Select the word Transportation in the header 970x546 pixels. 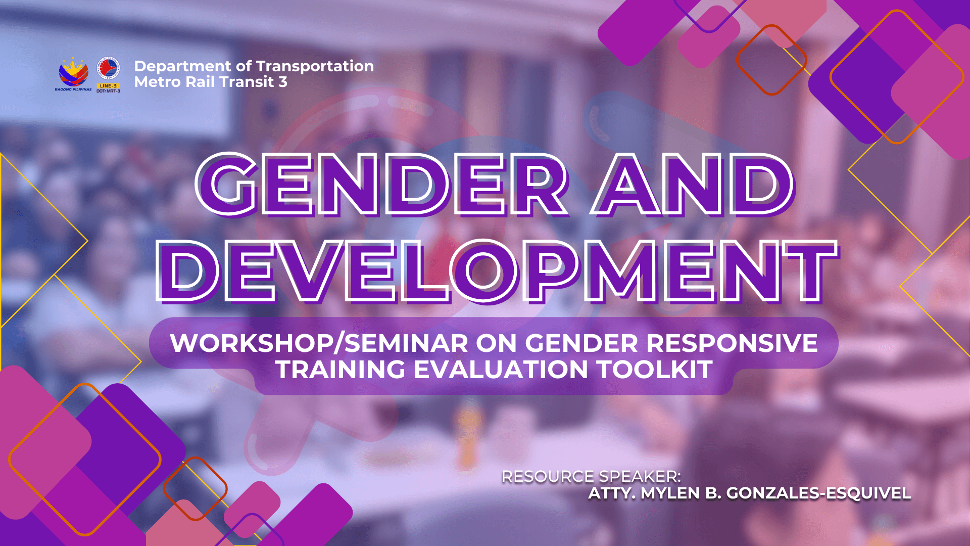tap(315, 66)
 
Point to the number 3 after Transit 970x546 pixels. tap(283, 82)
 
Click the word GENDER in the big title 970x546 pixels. tap(383, 185)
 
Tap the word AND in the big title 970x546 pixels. tap(693, 185)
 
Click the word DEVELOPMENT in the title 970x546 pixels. tap(498, 271)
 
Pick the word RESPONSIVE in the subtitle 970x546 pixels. tap(732, 343)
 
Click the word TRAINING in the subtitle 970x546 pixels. tap(340, 370)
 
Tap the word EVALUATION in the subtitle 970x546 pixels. tap(501, 370)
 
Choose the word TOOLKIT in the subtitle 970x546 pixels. tap(655, 370)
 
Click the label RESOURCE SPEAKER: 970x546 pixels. tap(592, 476)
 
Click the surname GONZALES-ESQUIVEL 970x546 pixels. tap(818, 493)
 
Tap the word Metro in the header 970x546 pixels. tap(158, 82)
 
